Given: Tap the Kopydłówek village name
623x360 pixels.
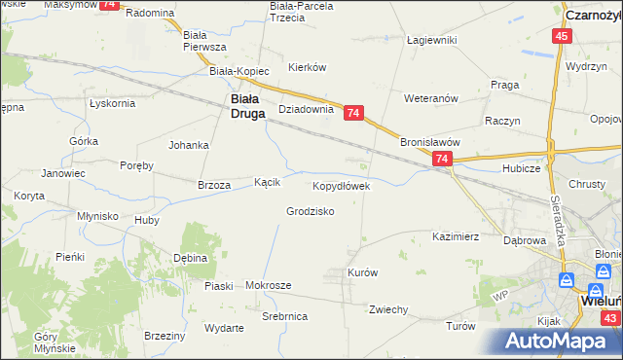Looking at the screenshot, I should point(341,185).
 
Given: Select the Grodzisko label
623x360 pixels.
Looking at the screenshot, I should point(311,211).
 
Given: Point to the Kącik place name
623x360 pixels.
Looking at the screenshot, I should point(268,182).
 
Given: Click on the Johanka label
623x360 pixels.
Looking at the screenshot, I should point(189,145).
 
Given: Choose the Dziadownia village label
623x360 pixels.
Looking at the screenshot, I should point(307,110).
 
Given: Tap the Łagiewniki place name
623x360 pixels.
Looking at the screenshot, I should point(432,40).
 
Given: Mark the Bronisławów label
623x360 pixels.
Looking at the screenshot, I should point(429,141).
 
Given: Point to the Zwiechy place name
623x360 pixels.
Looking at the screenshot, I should point(387,309).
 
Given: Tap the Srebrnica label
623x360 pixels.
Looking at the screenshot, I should point(285,317).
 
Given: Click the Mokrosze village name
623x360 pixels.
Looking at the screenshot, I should point(269,285).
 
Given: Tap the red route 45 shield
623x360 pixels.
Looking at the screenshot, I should point(562,36).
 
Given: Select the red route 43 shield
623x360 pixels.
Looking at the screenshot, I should point(609,318).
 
